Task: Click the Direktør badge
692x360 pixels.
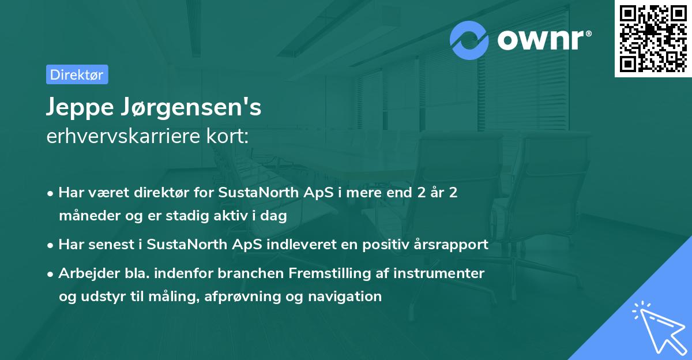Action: click(77, 74)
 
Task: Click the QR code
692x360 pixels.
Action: click(653, 38)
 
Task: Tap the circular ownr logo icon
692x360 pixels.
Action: click(470, 40)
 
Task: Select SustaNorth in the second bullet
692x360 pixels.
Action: click(182, 245)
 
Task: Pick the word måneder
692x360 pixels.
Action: click(87, 216)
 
